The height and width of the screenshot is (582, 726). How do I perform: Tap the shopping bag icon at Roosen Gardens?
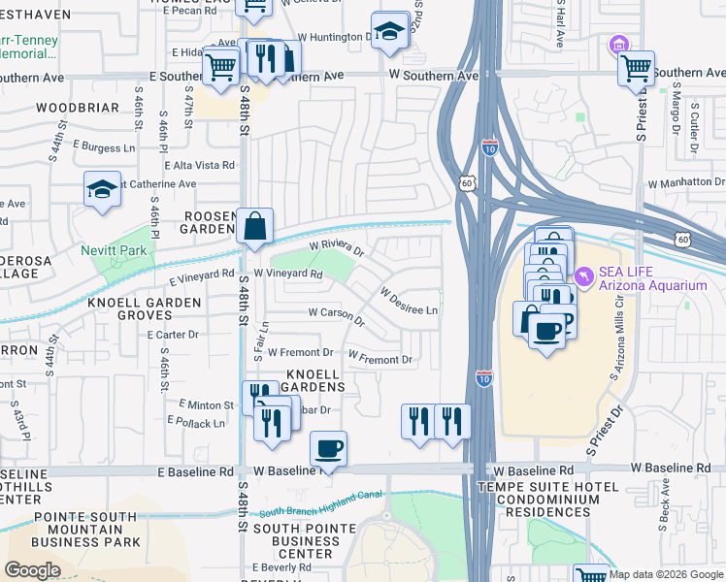pyautogui.click(x=254, y=226)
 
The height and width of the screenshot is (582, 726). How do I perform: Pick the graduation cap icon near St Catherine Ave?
pyautogui.click(x=103, y=188)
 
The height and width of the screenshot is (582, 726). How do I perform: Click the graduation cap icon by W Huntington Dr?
pyautogui.click(x=389, y=30)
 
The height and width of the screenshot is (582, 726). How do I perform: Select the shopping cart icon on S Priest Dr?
pyautogui.click(x=636, y=68)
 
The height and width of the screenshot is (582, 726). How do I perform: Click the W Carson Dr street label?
pyautogui.click(x=336, y=314)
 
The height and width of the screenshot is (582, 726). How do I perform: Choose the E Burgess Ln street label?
pyautogui.click(x=102, y=147)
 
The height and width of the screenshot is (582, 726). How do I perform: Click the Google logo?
pyautogui.click(x=32, y=569)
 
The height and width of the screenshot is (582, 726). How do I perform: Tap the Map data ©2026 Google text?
pyautogui.click(x=666, y=574)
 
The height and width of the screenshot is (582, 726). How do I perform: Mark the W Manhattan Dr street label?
pyautogui.click(x=685, y=181)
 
